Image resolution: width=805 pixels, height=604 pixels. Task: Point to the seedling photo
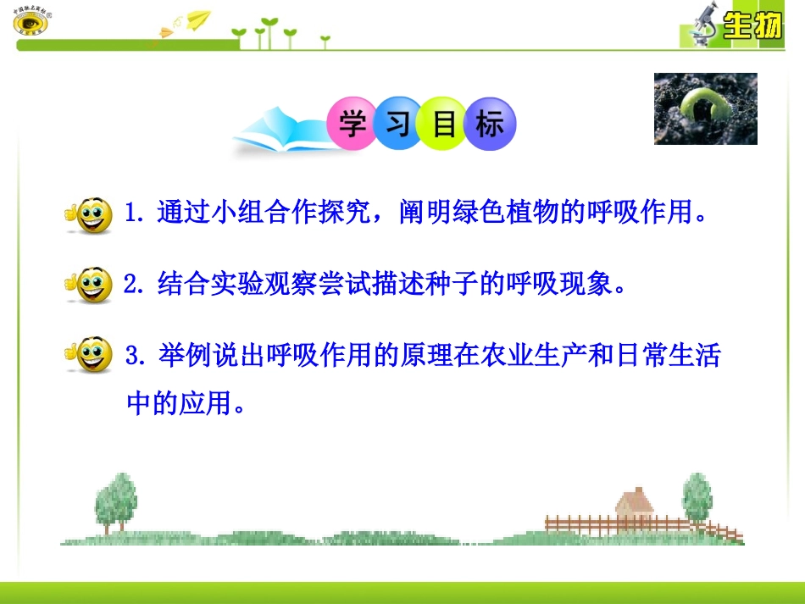pyautogui.click(x=705, y=108)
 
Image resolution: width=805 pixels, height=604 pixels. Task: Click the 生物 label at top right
pyautogui.click(x=751, y=28)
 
